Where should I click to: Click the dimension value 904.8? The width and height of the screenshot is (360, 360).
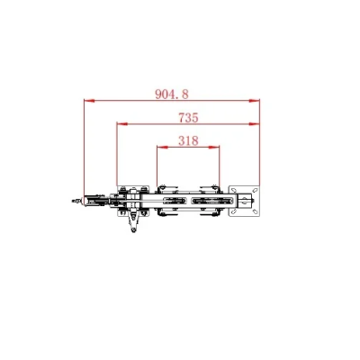pos(172,93)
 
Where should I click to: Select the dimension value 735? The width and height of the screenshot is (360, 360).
pos(188,117)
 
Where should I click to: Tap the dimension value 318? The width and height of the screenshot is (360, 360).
pos(188,140)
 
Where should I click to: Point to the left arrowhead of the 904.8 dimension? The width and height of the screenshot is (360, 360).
pos(87,100)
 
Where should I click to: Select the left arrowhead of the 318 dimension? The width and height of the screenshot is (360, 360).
pos(160,148)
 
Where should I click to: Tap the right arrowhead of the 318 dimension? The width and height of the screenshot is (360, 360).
pos(216,148)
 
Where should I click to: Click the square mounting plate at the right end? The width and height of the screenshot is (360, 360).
pos(244,202)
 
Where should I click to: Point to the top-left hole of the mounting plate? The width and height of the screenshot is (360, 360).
pos(235,192)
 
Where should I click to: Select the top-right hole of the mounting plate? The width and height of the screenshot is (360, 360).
pos(254,192)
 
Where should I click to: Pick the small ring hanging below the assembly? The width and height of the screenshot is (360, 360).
pos(134,230)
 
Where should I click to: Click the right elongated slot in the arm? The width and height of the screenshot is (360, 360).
pos(208,202)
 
